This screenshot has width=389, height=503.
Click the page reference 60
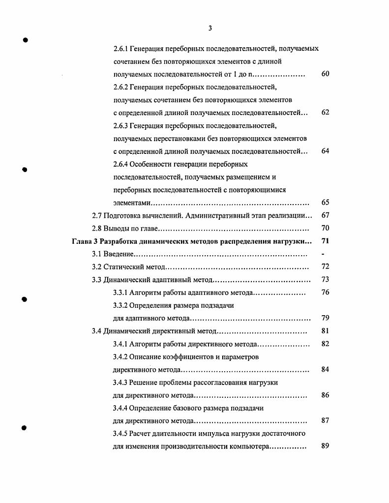click(325, 74)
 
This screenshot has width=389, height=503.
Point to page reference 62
click(325, 113)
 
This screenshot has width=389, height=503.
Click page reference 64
click(325, 151)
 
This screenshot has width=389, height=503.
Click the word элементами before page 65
click(131, 203)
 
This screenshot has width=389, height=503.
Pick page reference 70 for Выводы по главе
click(325, 228)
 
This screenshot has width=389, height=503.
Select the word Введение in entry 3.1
click(119, 254)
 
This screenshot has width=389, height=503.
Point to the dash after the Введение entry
click(323, 254)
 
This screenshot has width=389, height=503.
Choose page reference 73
click(325, 280)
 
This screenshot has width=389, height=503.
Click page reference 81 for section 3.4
click(325, 331)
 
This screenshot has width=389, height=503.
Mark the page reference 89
click(325, 446)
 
